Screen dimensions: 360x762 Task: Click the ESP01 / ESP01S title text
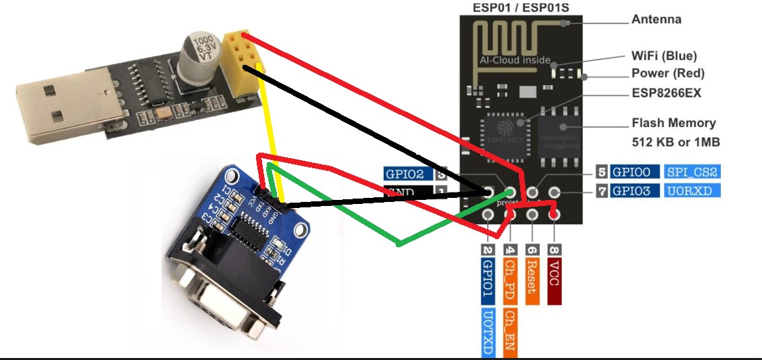tap(512, 7)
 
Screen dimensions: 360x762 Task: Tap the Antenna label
tap(656, 20)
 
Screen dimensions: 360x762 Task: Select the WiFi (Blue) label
tap(663, 56)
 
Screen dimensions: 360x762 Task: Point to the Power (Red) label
tap(667, 73)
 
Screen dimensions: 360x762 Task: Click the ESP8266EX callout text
tap(666, 93)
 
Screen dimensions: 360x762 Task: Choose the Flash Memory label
tap(673, 123)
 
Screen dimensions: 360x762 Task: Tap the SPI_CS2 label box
tap(692, 172)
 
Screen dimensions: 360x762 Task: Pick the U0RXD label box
tap(692, 191)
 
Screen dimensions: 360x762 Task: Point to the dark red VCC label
tap(554, 280)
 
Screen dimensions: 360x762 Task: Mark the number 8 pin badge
tap(554, 249)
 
